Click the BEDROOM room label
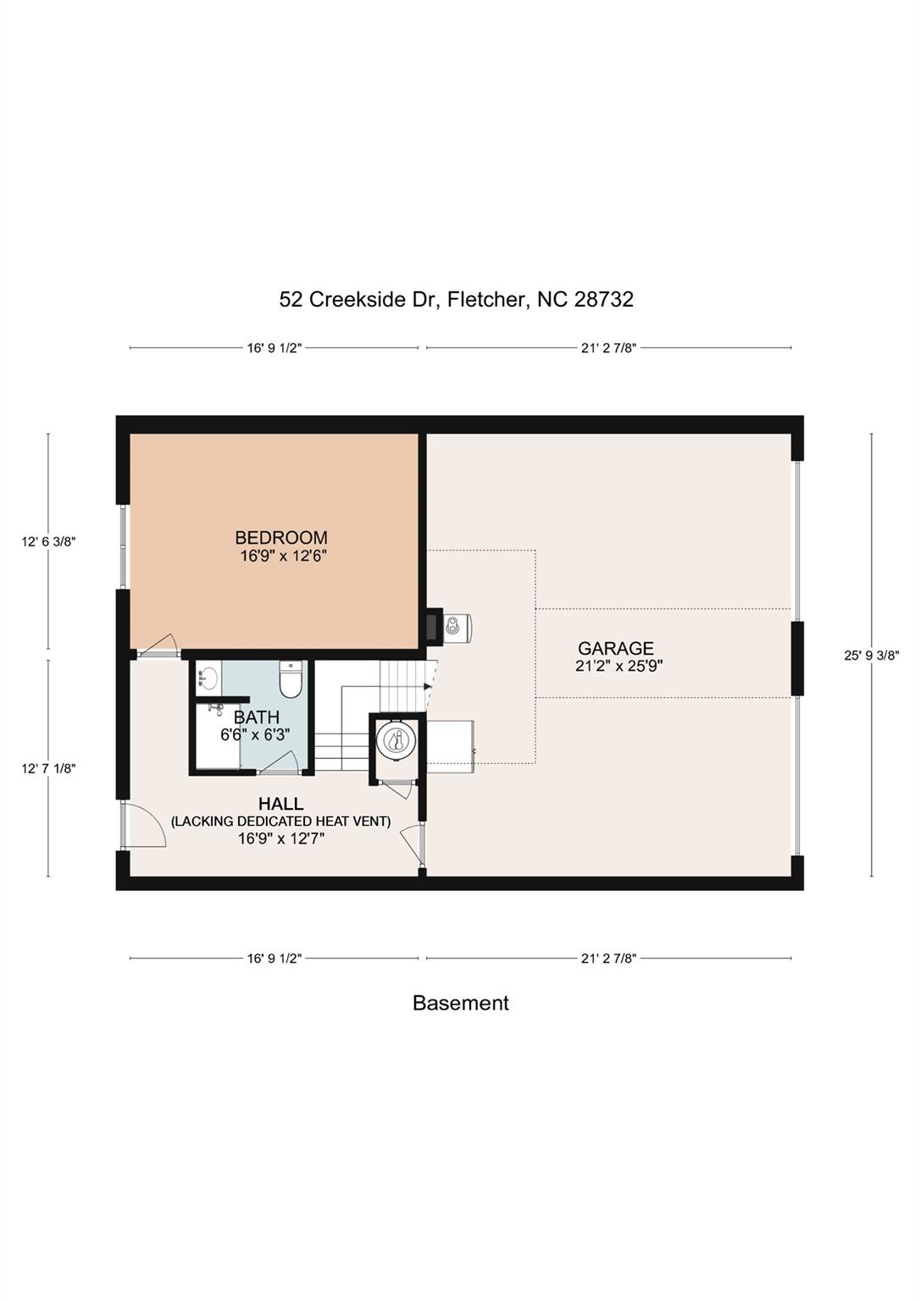[281, 537]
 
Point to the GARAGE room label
[616, 648]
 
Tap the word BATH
[256, 717]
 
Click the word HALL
[280, 804]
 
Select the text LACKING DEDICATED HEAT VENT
[280, 822]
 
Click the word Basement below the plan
[461, 1003]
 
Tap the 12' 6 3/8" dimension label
[48, 542]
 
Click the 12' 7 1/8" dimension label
[48, 768]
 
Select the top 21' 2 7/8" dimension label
[609, 348]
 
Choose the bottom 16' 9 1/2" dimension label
[274, 958]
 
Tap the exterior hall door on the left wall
[144, 826]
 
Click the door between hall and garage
[413, 847]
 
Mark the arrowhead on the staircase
[428, 687]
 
